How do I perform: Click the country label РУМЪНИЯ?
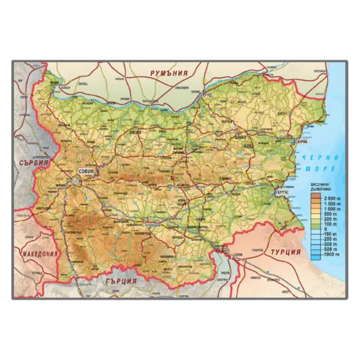(x=169, y=73)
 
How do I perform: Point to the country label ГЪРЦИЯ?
(x=121, y=281)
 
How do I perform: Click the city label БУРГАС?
(x=283, y=192)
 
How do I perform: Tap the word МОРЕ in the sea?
(x=320, y=169)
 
